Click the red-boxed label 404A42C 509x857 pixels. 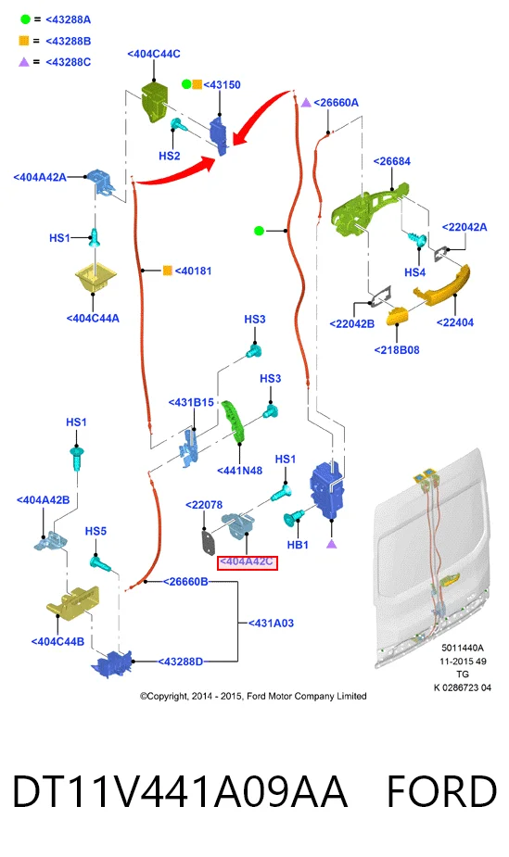point(248,562)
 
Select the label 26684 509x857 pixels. point(392,161)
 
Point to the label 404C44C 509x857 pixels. point(154,54)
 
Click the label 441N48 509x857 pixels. point(239,471)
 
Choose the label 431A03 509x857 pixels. point(271,624)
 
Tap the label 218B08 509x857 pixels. point(397,350)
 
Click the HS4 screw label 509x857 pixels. point(415,272)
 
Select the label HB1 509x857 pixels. point(298,545)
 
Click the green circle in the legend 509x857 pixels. point(25,19)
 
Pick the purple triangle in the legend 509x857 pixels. point(24,62)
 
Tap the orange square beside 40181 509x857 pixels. point(168,271)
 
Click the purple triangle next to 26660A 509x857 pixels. point(306,102)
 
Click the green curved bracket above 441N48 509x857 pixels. point(234,422)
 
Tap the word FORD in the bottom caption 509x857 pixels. point(441,791)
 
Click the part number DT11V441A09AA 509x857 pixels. point(180,791)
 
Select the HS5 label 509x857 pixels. point(95,531)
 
